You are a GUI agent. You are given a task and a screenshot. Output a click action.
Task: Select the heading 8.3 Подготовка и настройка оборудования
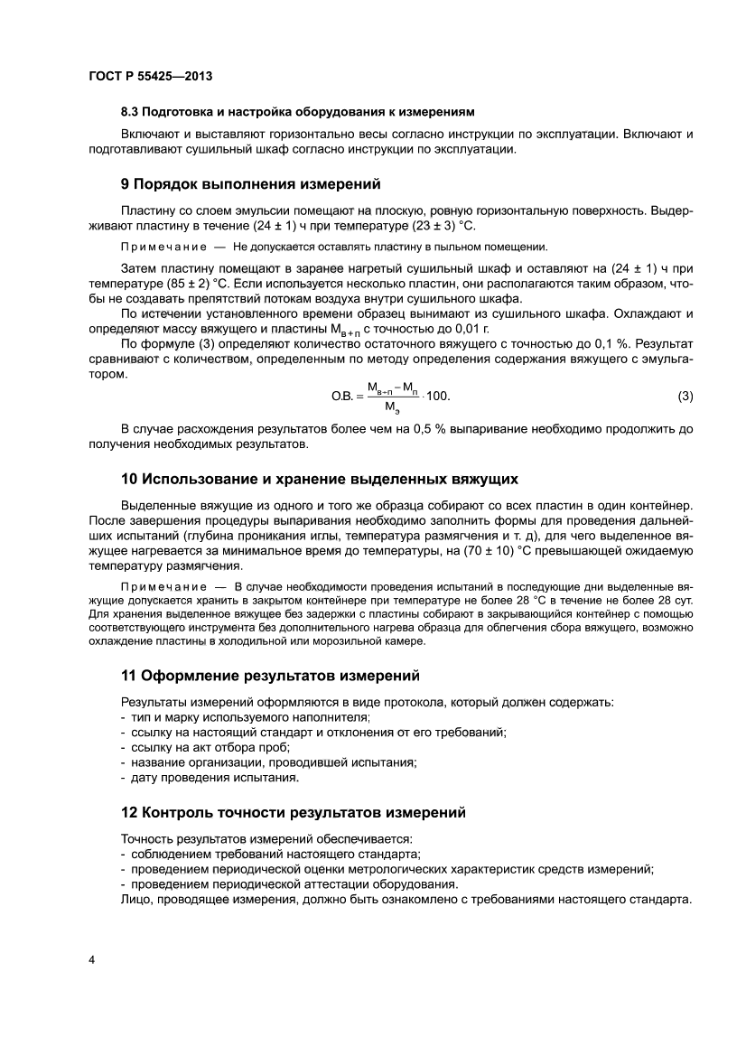pyautogui.click(x=297, y=112)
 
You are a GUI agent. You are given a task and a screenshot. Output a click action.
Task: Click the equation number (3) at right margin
pyautogui.click(x=685, y=396)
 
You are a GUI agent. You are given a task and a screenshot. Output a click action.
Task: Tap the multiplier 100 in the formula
pyautogui.click(x=437, y=397)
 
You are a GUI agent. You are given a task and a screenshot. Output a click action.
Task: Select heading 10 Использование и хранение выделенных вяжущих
pyautogui.click(x=319, y=478)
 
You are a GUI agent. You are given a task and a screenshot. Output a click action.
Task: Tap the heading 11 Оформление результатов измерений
pyautogui.click(x=270, y=676)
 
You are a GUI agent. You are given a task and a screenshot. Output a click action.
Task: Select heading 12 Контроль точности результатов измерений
pyautogui.click(x=294, y=812)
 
